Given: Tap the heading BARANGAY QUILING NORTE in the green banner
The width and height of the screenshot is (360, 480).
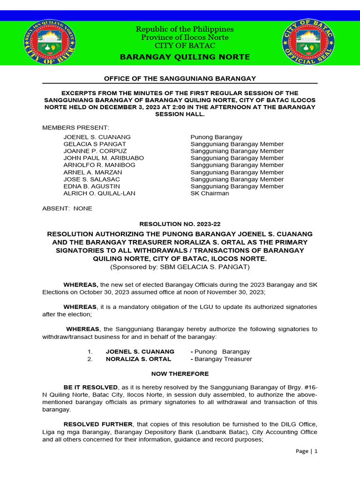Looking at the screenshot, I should [185, 57].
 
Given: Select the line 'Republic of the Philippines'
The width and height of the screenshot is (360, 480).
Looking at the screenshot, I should [185, 29].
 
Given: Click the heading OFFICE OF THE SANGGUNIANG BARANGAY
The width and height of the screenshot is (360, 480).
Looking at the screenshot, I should [180, 78].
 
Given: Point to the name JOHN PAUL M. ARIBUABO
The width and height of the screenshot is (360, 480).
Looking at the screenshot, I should [104, 158].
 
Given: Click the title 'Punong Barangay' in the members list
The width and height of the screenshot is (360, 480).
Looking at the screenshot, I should [216, 137].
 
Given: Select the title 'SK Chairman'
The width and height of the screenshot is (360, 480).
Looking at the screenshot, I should [210, 193].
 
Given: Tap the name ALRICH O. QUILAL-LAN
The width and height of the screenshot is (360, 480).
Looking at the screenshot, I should [99, 193].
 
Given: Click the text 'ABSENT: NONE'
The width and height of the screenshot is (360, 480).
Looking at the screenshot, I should [67, 208].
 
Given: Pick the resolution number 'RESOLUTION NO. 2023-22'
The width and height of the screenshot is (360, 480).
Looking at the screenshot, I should [180, 224].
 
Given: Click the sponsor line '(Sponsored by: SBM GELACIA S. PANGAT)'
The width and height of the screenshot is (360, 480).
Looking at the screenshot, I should [180, 267].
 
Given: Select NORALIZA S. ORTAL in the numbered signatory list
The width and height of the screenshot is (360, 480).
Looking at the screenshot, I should [138, 359].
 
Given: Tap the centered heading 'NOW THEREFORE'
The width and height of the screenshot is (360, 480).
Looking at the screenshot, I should [180, 374].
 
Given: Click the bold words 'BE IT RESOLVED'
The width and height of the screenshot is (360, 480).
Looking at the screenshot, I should [90, 387].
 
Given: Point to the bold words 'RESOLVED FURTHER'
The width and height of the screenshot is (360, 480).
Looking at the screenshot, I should [98, 424].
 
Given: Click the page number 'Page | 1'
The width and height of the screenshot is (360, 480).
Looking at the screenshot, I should [307, 451].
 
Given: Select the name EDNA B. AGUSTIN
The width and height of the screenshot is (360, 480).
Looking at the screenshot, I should [91, 186].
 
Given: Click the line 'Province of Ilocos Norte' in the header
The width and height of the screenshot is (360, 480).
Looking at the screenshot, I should [185, 37].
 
